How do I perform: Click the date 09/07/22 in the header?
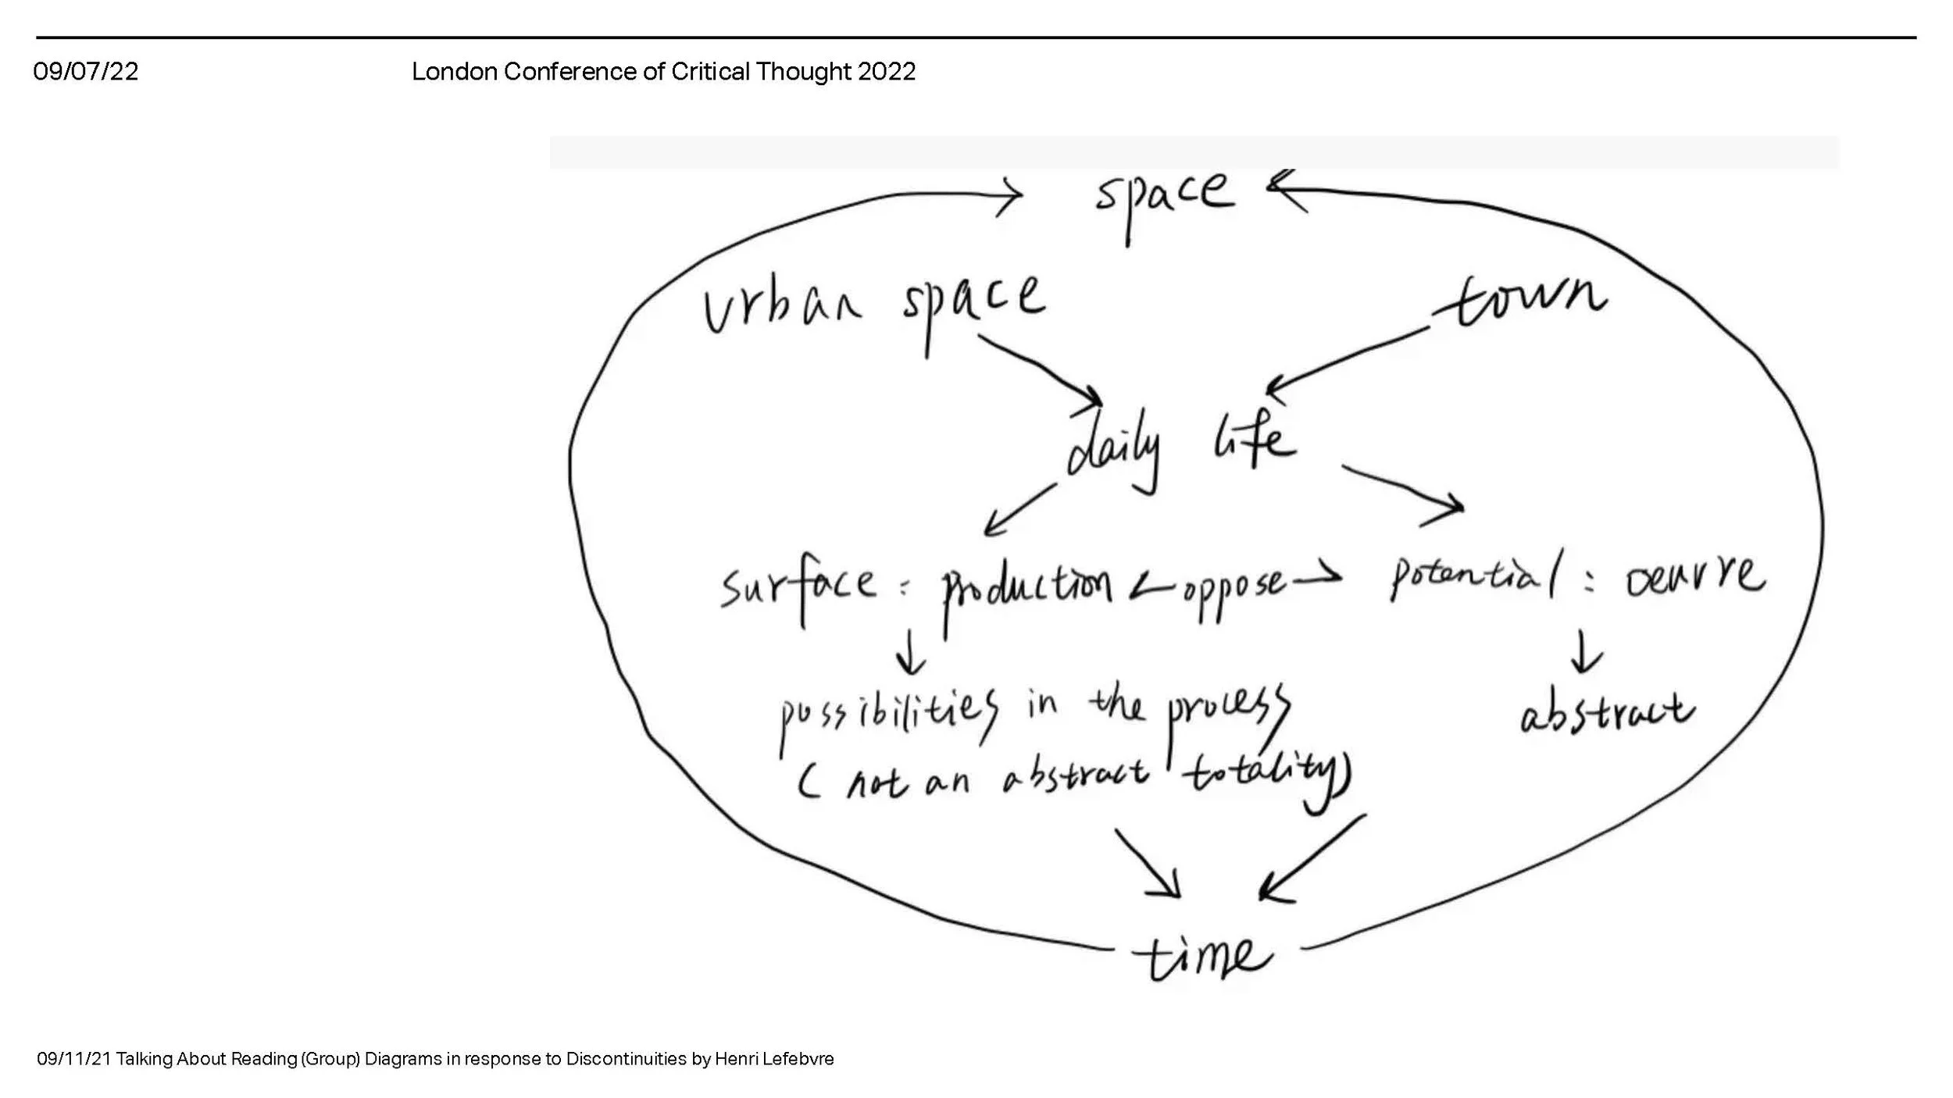85,72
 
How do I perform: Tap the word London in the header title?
454,72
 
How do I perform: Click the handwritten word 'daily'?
1113,453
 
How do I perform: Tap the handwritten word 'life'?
1254,440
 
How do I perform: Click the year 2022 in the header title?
886,72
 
